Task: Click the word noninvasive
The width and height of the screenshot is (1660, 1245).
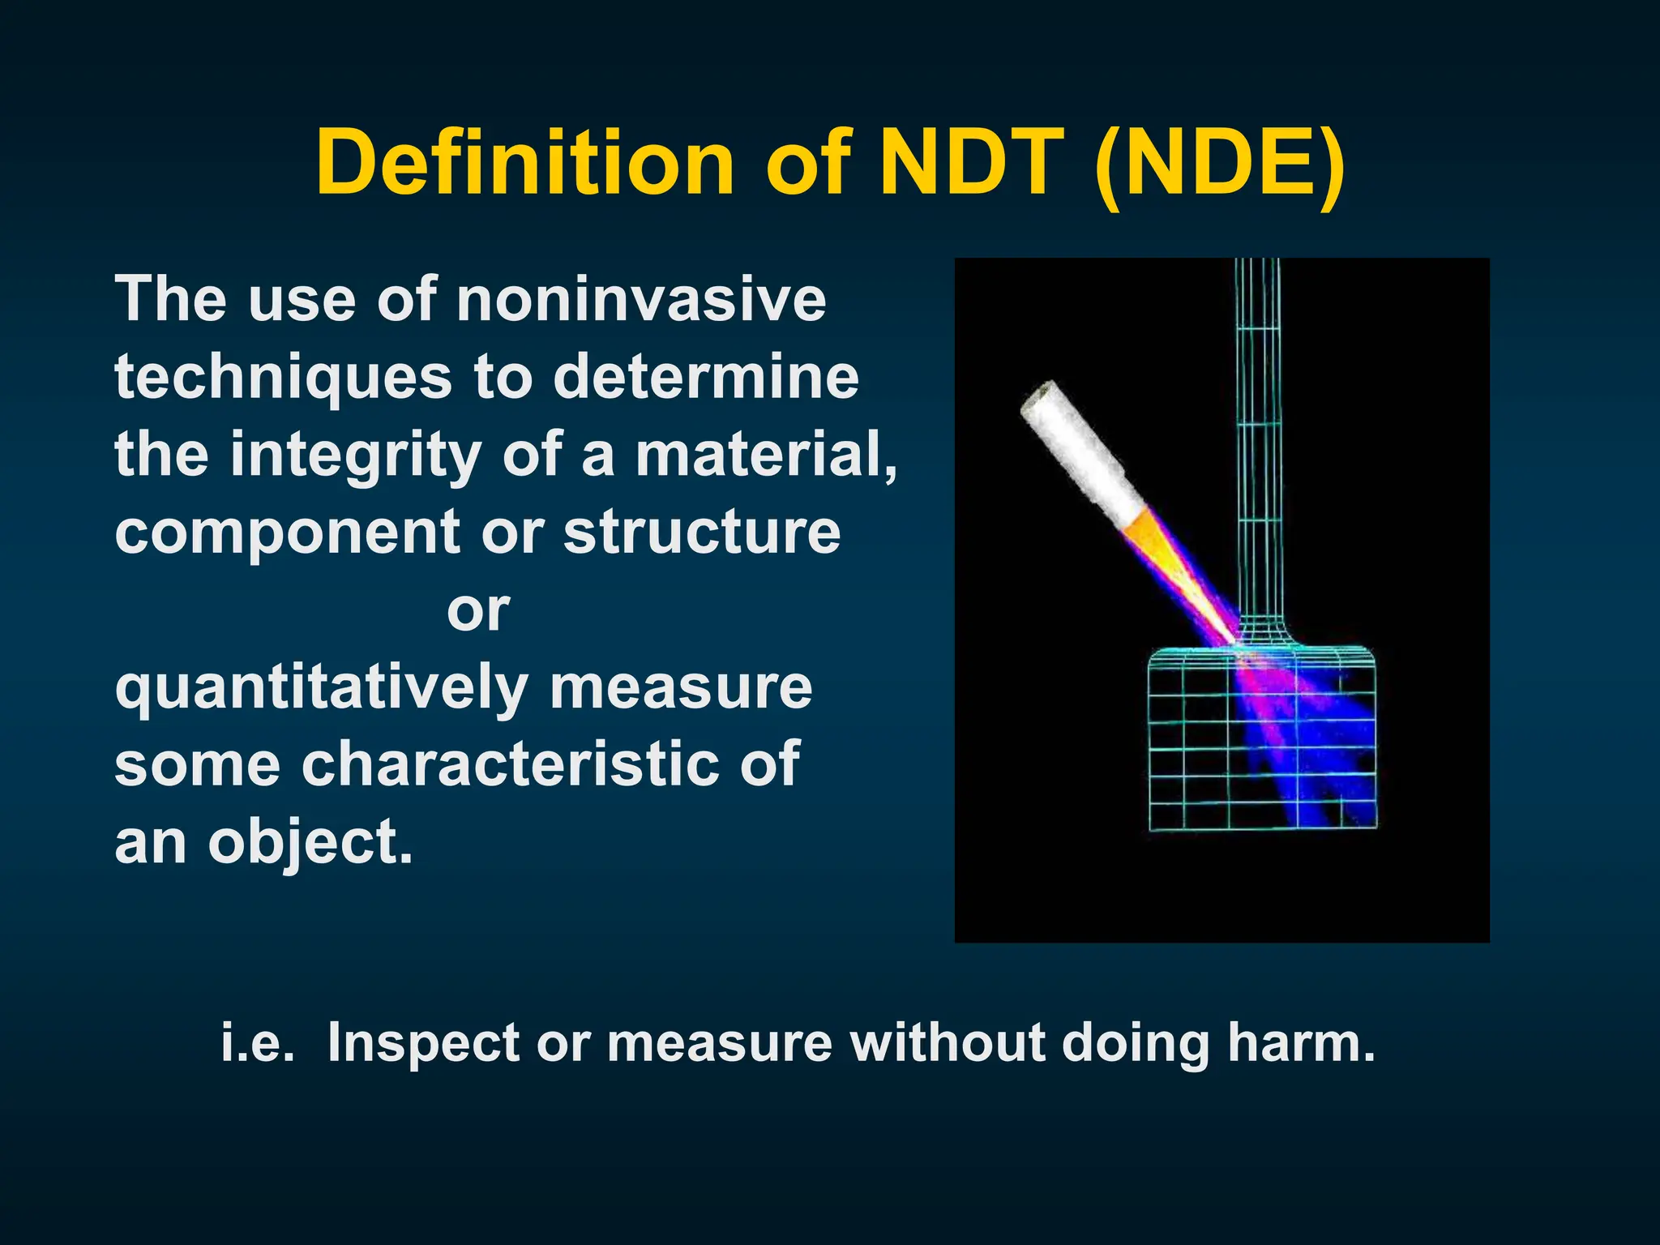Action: (641, 300)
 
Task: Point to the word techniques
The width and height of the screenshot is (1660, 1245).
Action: (283, 378)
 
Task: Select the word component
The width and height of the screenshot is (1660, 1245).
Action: (288, 533)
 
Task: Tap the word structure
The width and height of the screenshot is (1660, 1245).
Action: (702, 533)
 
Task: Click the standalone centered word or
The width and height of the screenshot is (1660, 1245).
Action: (478, 610)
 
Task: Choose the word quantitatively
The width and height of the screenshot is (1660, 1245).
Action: (322, 689)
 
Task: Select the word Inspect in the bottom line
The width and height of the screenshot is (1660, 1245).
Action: (423, 1042)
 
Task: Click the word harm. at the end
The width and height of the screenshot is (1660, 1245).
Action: (1301, 1042)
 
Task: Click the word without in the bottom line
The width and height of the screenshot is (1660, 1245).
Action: (948, 1042)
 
